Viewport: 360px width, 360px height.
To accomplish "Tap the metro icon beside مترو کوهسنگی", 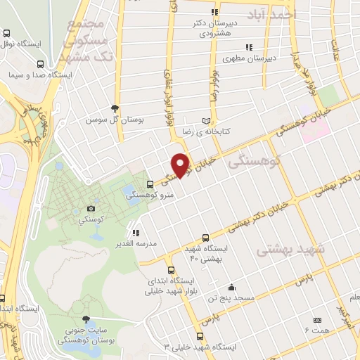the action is pos(149,184).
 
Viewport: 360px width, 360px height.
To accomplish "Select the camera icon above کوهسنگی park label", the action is pos(91,208).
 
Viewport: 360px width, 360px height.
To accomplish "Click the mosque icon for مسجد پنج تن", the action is pos(231,287).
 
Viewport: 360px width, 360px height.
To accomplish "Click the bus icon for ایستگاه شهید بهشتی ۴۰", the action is pos(205,238).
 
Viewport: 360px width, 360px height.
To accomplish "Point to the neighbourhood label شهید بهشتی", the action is pos(290,250).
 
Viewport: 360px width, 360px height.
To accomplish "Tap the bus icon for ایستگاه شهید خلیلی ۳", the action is pos(200,336).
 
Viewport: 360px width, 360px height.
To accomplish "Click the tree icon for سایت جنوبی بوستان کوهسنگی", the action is pos(86,319).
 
